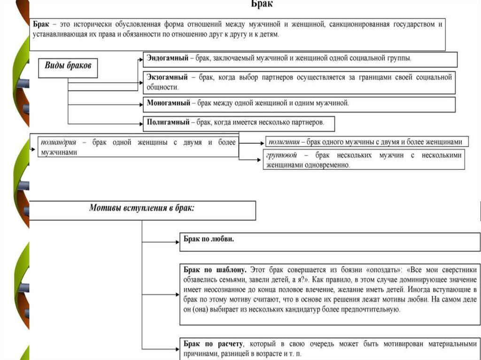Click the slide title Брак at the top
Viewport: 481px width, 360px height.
(x=262, y=4)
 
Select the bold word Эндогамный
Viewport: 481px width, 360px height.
(x=167, y=58)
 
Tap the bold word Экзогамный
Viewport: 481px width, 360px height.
(x=167, y=77)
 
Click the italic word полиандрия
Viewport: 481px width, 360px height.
(x=58, y=142)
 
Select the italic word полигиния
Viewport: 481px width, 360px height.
(x=284, y=141)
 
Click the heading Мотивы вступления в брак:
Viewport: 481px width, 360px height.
(x=142, y=208)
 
